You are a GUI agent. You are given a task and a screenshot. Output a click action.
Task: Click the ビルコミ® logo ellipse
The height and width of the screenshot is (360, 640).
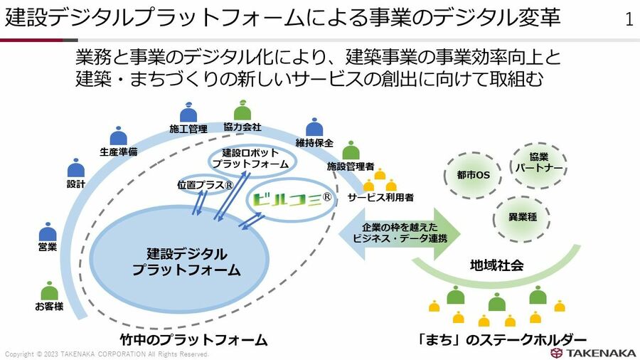(x=290, y=200)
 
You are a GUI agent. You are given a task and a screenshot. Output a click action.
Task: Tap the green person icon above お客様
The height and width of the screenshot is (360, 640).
(x=49, y=292)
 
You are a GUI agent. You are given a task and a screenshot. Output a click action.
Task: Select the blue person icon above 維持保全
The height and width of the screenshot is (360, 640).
(x=314, y=127)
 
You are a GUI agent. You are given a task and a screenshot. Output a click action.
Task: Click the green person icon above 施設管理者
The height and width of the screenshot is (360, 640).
(x=350, y=151)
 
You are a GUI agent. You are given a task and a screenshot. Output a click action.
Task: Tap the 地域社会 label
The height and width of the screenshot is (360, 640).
(x=496, y=265)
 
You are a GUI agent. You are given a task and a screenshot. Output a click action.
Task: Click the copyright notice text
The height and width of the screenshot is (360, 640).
(x=107, y=354)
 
